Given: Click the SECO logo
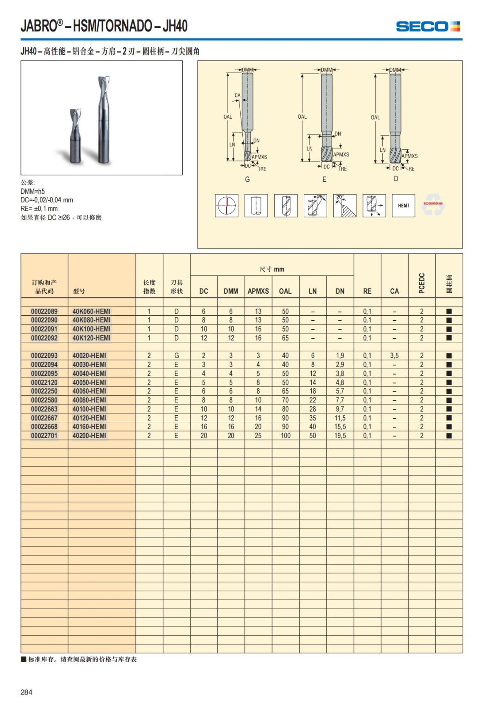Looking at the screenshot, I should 428,27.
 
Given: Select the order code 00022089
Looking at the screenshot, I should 44,311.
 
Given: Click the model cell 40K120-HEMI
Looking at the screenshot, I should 91,338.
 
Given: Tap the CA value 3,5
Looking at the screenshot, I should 394,356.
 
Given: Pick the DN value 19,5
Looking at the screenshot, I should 340,436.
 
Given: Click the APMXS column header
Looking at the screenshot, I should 258,291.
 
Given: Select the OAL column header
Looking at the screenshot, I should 285,291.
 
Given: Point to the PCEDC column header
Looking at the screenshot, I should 422,283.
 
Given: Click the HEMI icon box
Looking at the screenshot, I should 403,205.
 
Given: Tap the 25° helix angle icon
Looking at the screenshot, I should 315,205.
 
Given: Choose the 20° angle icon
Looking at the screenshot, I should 344,205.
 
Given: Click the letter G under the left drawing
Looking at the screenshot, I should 247,179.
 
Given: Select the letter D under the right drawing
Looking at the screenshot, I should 396,178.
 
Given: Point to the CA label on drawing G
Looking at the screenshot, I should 237,95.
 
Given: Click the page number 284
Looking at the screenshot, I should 27,692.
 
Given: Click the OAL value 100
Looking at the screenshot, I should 286,436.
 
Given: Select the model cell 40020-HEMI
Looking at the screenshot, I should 89,356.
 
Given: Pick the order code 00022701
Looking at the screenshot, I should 44,436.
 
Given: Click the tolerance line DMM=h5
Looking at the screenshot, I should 33,191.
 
